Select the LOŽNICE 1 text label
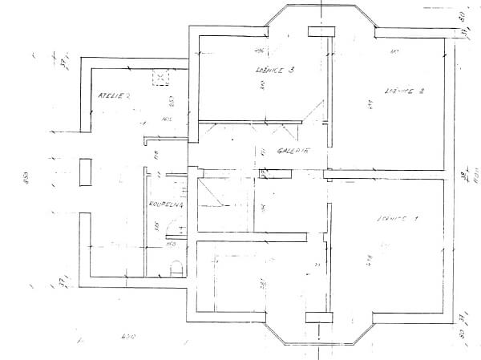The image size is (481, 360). point(398,217)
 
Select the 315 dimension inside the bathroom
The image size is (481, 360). point(157,225)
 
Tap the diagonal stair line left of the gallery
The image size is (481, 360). point(211,194)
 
